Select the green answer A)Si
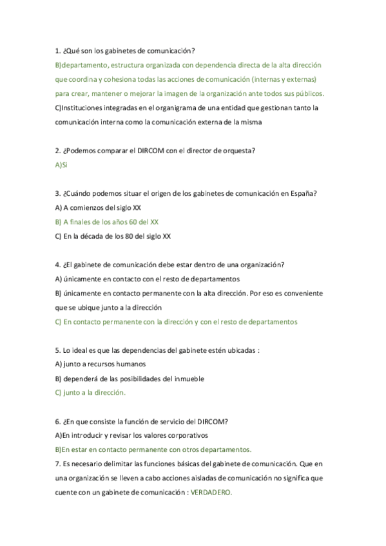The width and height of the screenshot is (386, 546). point(61,165)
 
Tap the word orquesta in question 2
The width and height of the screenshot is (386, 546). point(238,151)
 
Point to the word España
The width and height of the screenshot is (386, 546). point(302,193)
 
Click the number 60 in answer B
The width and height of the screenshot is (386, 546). point(134,221)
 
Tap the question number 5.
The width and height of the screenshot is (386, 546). point(57,350)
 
